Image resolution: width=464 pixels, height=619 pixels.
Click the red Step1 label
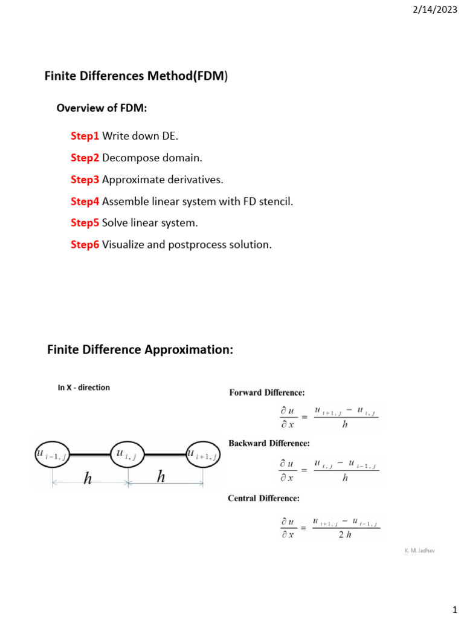85,136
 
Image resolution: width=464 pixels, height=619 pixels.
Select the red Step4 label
85,201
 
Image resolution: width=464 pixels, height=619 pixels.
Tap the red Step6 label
85,245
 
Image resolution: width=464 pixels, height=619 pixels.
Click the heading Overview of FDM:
102,108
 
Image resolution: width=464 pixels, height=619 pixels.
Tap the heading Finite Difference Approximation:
140,350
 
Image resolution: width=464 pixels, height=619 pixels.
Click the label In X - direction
84,387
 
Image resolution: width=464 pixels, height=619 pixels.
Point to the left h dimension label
88,478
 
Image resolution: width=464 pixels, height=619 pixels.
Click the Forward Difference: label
266,392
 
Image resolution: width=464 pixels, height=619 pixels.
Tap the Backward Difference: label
269,443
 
